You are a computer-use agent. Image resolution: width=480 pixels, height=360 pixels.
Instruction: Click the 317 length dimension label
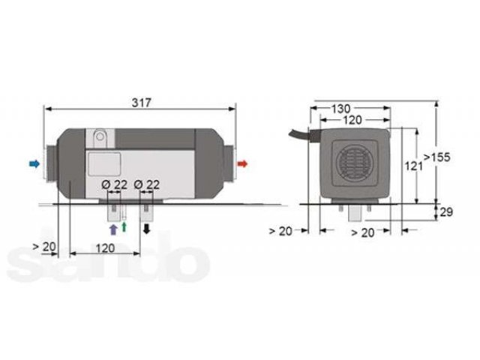[142, 103]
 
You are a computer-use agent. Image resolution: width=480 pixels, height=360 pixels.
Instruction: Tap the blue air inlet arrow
[34, 163]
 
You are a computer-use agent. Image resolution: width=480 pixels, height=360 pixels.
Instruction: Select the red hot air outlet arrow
[242, 163]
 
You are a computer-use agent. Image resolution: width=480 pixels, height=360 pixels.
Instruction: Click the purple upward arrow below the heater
[113, 229]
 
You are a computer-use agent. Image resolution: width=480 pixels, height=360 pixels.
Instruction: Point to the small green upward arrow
[124, 226]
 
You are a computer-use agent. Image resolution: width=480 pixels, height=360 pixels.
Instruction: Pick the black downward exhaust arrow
[147, 229]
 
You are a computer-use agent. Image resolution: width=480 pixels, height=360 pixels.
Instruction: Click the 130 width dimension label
[341, 108]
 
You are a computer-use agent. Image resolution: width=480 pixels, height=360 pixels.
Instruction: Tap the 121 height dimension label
[413, 166]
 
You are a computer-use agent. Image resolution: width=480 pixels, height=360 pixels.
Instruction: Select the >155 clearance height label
[436, 157]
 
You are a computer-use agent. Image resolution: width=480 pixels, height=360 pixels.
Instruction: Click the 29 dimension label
[446, 211]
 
